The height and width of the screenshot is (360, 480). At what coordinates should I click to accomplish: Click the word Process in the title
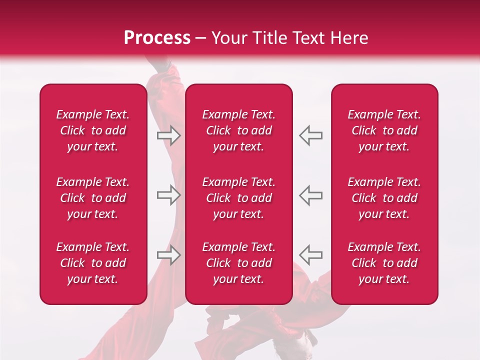coord(157,38)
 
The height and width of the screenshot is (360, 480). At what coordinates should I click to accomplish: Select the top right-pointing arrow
coord(168,135)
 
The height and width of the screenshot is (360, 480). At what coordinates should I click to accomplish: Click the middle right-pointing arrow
coord(168,195)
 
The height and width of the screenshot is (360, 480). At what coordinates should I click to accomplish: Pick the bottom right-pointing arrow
coord(168,255)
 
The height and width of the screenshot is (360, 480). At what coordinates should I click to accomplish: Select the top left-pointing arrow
coord(311,135)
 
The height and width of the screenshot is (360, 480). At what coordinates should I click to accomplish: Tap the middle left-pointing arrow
coord(311,195)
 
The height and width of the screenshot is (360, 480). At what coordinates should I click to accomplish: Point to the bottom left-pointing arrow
coord(311,255)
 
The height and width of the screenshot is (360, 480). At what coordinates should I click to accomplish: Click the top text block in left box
coord(93,130)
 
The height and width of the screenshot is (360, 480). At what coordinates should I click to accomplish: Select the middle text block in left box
coord(93,198)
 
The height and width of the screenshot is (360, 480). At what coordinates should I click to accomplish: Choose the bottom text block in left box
coord(93,263)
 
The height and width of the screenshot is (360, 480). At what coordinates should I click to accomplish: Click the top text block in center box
coord(238,130)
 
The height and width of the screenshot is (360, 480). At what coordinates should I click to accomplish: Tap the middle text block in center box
coord(238,198)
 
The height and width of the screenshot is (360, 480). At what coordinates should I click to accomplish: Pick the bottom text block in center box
coord(238,263)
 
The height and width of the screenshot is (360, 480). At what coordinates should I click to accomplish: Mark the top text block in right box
coord(384,130)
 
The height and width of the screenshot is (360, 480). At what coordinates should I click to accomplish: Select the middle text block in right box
coord(384,198)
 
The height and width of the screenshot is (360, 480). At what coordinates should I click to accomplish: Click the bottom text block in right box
coord(384,263)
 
